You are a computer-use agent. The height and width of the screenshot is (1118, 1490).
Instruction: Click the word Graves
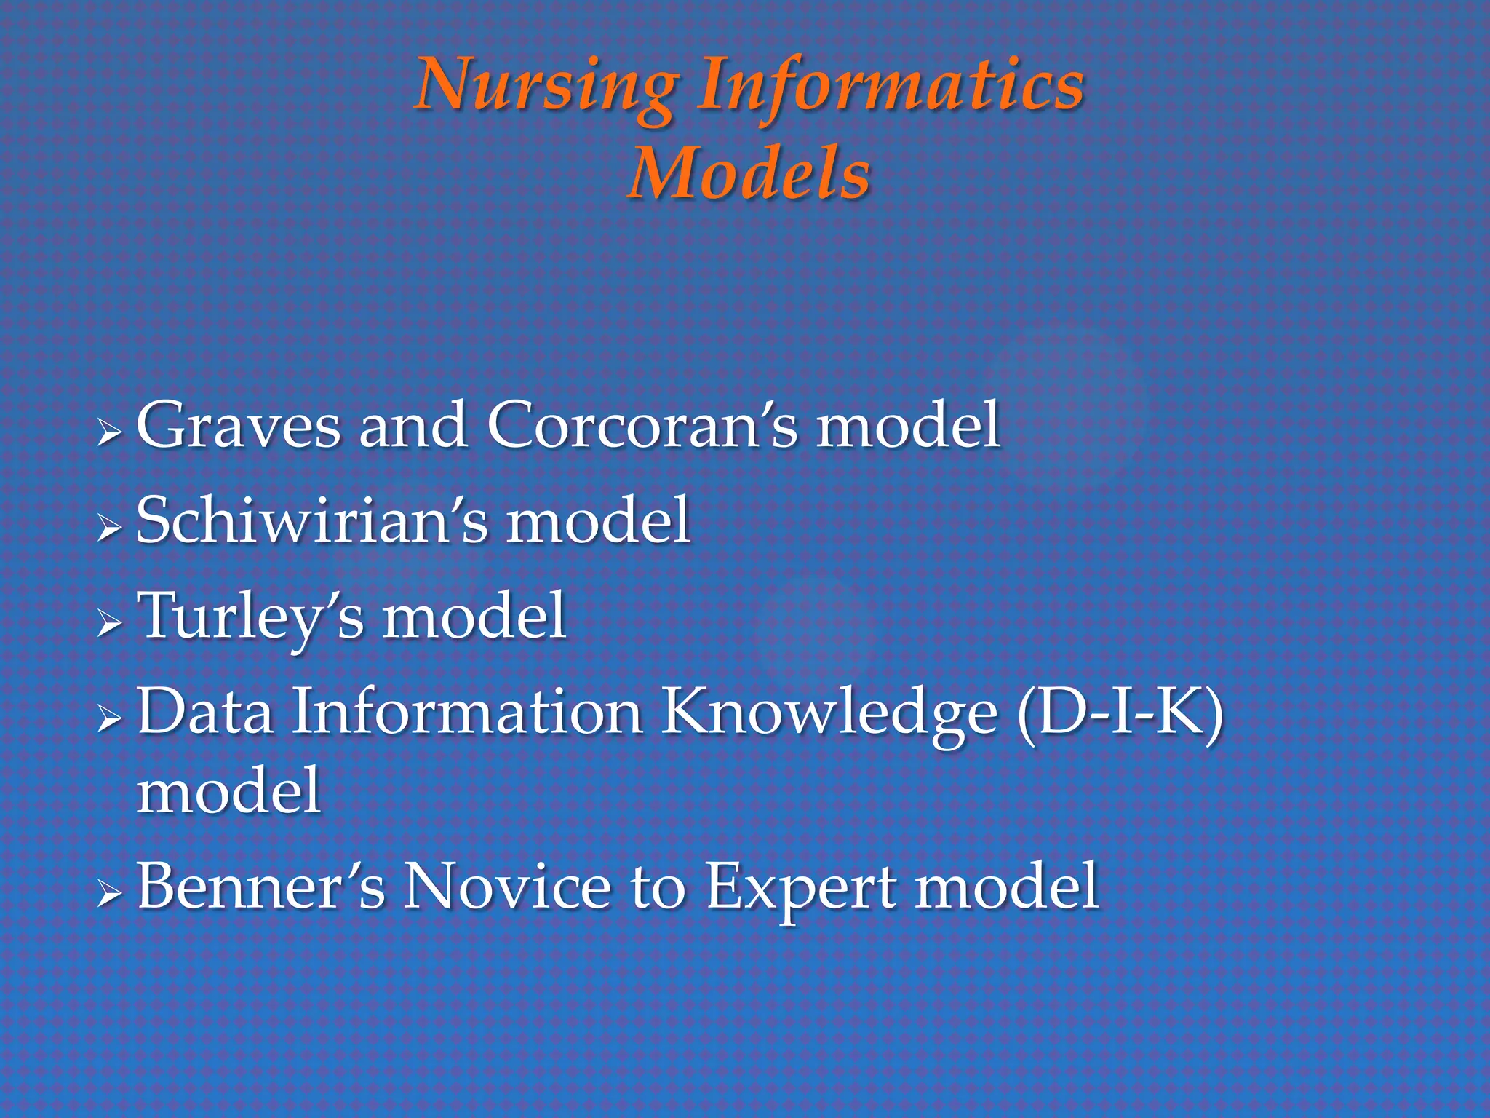[239, 426]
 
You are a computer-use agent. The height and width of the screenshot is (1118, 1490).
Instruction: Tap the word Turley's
[250, 617]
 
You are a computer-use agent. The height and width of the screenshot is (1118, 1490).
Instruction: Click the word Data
[205, 712]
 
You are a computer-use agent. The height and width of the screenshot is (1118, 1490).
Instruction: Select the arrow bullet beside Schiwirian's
[109, 528]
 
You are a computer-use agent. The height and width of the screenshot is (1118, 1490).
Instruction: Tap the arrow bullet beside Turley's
[109, 624]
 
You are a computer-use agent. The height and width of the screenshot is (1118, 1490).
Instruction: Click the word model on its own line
[228, 792]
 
